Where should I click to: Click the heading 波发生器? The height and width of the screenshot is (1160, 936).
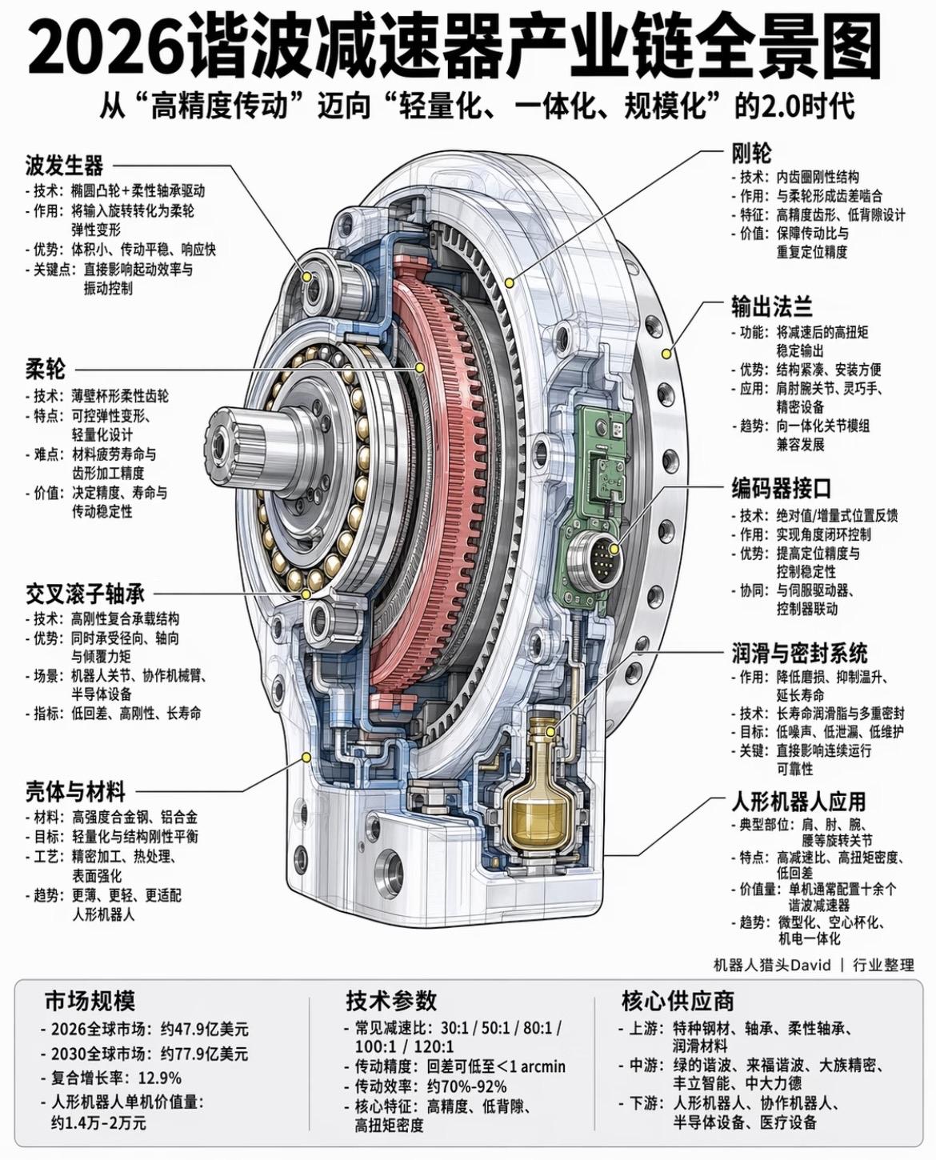click(64, 166)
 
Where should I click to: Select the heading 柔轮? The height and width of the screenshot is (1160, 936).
click(45, 369)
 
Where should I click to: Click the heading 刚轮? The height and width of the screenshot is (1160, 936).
click(751, 152)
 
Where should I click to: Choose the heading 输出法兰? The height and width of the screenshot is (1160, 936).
click(772, 306)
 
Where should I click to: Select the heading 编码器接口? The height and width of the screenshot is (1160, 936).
click(782, 488)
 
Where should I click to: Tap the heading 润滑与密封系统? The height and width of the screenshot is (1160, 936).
click(799, 653)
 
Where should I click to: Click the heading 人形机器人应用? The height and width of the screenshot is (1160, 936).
click(798, 801)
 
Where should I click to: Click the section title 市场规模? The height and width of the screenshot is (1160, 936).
click(90, 1001)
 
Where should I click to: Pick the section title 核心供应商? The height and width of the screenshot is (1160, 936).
click(678, 1001)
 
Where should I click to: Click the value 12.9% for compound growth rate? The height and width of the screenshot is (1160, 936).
click(160, 1078)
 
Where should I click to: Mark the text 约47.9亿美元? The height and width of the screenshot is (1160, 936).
click(205, 1029)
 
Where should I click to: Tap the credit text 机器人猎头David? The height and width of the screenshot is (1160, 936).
click(772, 965)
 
